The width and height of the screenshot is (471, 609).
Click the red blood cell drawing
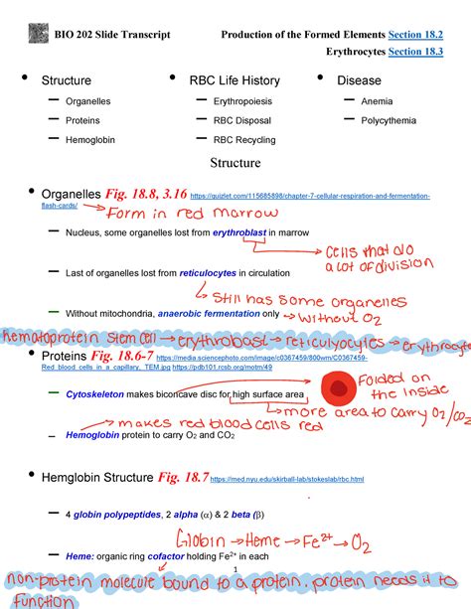pyautogui.click(x=341, y=385)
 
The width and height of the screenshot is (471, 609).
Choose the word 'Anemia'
pyautogui.click(x=377, y=100)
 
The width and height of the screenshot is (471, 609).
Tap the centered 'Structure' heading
pyautogui.click(x=235, y=162)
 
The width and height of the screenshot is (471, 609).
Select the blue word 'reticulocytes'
pyautogui.click(x=205, y=271)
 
